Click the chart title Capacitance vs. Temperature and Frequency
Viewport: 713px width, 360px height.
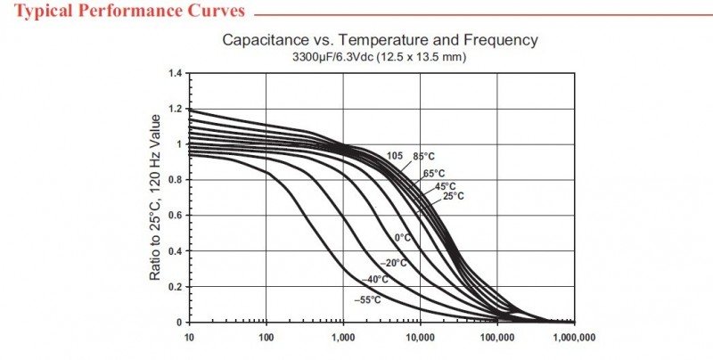coord(380,40)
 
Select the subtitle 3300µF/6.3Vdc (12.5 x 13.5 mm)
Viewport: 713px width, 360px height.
coord(380,56)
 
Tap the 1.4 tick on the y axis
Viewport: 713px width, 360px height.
coord(175,73)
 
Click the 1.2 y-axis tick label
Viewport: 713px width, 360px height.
coord(175,109)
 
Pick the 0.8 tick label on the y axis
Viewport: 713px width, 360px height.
coord(175,180)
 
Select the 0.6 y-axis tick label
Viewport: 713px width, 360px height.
coord(175,216)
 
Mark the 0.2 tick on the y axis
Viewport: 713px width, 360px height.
coord(175,287)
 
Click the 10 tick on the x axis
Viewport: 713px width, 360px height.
coord(188,338)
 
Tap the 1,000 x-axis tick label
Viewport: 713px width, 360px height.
coord(343,338)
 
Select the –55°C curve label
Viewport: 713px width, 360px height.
coord(367,300)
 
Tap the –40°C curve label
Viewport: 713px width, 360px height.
coord(377,280)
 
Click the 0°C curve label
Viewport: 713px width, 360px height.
coord(402,237)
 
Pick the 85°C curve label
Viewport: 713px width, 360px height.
coord(423,157)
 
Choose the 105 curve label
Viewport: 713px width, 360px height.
coord(395,156)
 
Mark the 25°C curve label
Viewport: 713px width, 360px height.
coord(454,195)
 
